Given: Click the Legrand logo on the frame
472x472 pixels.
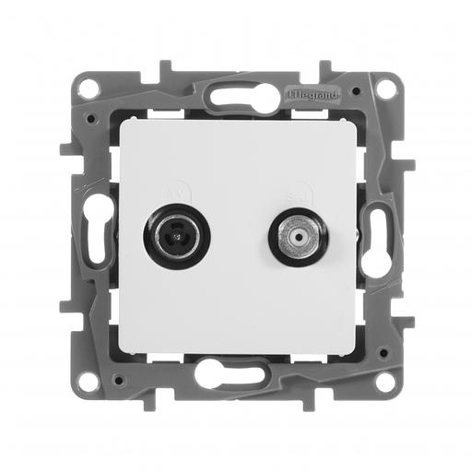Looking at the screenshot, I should click(x=314, y=94).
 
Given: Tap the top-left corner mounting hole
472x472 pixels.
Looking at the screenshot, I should click(x=88, y=89).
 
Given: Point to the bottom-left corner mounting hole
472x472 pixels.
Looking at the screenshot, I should click(x=88, y=380).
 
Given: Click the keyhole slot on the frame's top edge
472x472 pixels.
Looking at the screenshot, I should click(x=237, y=94).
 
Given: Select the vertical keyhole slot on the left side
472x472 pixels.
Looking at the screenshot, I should click(x=97, y=236).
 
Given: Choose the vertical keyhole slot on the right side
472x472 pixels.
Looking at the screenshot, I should click(x=377, y=236).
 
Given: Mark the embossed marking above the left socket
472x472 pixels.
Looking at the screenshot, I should click(x=176, y=195).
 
